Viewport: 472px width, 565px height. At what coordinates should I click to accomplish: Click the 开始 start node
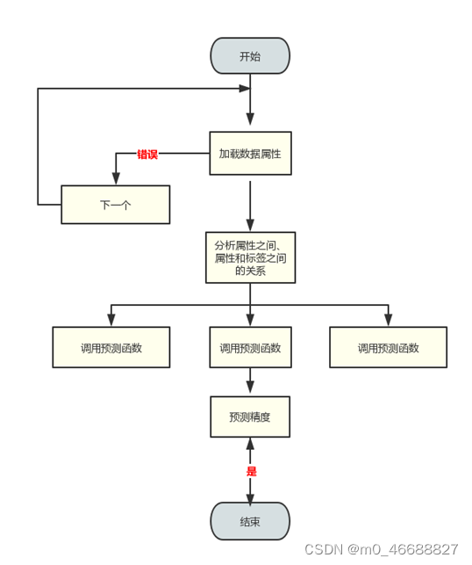click(x=250, y=56)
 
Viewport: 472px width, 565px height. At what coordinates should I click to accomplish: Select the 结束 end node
click(x=250, y=521)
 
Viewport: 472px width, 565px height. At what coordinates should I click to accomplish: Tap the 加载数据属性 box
click(x=250, y=153)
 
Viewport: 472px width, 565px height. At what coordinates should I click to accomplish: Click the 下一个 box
click(x=115, y=205)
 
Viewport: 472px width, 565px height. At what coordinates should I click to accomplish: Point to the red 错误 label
click(x=147, y=154)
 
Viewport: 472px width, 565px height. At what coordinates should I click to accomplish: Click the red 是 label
click(x=251, y=471)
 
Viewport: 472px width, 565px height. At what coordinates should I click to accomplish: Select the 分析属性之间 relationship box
click(x=250, y=257)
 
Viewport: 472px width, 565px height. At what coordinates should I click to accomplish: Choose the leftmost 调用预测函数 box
click(x=111, y=347)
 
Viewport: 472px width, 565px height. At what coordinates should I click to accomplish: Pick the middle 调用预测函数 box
click(x=250, y=347)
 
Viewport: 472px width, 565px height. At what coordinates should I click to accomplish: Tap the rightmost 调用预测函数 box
click(x=388, y=347)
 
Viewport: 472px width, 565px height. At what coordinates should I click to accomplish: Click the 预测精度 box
click(x=250, y=417)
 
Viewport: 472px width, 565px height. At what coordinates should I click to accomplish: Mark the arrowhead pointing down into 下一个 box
click(x=116, y=179)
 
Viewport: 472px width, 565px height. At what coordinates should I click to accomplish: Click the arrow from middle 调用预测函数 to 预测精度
click(x=250, y=381)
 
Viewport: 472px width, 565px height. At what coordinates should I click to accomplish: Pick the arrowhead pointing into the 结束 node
click(x=250, y=496)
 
